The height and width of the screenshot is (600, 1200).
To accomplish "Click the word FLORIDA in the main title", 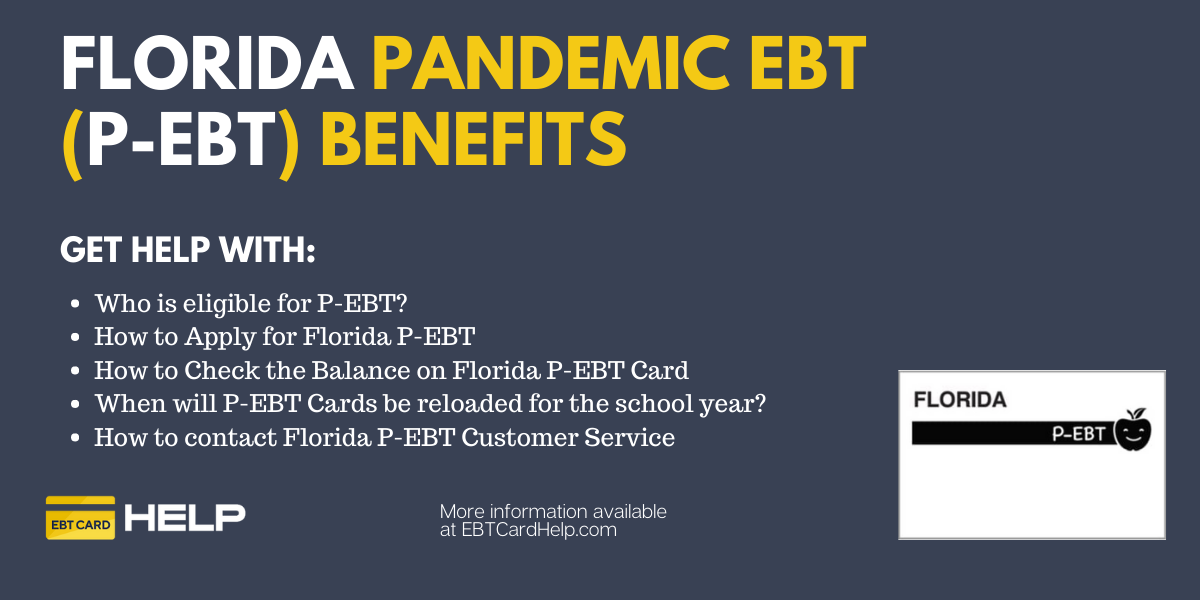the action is coord(207,64).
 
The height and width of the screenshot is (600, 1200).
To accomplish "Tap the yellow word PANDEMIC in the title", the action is coord(550,64).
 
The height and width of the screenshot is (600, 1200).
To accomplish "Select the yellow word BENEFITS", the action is coord(473,139).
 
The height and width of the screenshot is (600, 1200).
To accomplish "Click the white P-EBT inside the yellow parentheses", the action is coord(182,139).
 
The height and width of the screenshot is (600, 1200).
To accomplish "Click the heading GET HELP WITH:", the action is coord(188,250).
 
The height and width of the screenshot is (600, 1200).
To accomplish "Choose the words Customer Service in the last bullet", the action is coord(568,437).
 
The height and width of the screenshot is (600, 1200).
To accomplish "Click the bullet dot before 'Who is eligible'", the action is coord(75,304).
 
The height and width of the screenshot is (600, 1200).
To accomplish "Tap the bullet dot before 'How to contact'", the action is coord(75,438).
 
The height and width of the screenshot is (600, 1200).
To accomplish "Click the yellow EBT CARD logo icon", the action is coord(80,518).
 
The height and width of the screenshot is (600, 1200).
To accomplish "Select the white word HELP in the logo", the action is coord(185,518).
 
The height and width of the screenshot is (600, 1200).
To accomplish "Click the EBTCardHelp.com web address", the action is coord(539,530).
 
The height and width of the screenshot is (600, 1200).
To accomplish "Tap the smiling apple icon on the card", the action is coord(1132,430).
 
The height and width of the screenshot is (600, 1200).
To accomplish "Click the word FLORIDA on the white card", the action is coord(960,400).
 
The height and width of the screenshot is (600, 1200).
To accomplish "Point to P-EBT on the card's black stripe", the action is coord(1078,433).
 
